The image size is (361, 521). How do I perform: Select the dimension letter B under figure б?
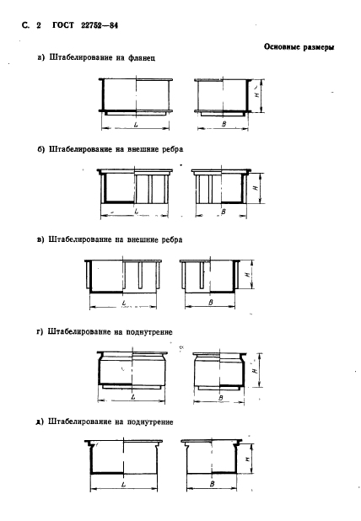pyautogui.click(x=223, y=211)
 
